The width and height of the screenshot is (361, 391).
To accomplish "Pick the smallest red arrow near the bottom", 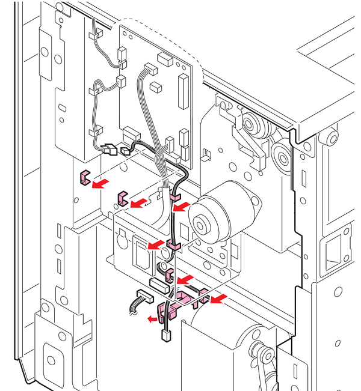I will [x=152, y=320].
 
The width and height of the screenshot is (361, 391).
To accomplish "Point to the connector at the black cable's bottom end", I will [x=166, y=335].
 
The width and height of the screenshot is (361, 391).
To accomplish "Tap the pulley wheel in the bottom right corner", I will [x=260, y=352].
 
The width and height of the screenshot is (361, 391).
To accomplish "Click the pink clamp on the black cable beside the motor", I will [x=174, y=245].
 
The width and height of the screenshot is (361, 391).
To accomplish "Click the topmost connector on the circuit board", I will [x=163, y=59].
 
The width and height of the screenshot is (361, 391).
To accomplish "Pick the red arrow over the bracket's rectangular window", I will [x=156, y=244].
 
